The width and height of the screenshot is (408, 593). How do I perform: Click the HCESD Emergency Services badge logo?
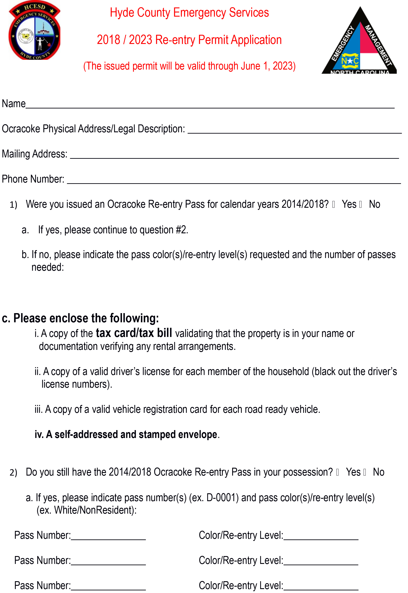point(35,30)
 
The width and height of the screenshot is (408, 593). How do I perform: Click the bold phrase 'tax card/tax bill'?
point(134,333)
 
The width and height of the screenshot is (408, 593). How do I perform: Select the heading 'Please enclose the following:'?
point(86,318)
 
